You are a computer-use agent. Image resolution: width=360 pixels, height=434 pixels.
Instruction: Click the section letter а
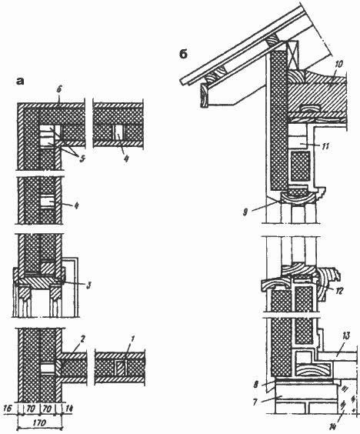click(x=20, y=81)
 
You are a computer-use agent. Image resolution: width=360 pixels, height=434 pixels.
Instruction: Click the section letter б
click(x=183, y=54)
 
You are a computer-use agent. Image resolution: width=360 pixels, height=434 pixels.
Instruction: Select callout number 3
click(x=88, y=285)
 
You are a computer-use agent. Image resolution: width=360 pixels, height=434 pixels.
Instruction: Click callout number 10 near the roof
click(x=338, y=65)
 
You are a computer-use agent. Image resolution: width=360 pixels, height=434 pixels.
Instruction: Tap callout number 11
click(x=325, y=146)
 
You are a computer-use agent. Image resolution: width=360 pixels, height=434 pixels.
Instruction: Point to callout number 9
click(x=245, y=213)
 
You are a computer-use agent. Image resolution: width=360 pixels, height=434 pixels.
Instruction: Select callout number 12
click(x=339, y=290)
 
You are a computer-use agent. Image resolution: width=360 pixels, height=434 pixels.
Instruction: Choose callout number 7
click(x=255, y=401)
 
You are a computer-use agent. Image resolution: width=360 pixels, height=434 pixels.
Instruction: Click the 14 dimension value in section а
click(x=69, y=409)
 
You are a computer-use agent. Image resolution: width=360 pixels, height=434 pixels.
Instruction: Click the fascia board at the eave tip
click(x=204, y=95)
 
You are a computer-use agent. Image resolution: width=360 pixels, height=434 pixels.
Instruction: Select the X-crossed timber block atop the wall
click(x=293, y=55)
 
